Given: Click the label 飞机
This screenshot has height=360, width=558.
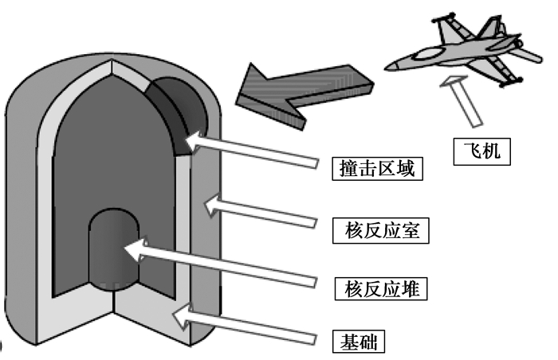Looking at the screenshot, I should (482, 151).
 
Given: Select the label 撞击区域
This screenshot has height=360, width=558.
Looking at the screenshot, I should (375, 169).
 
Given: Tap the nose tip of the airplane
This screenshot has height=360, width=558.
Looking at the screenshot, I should (388, 66).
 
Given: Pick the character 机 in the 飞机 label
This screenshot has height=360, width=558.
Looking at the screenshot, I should (493, 151).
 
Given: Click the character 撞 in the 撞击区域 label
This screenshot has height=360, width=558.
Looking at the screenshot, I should (344, 169).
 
